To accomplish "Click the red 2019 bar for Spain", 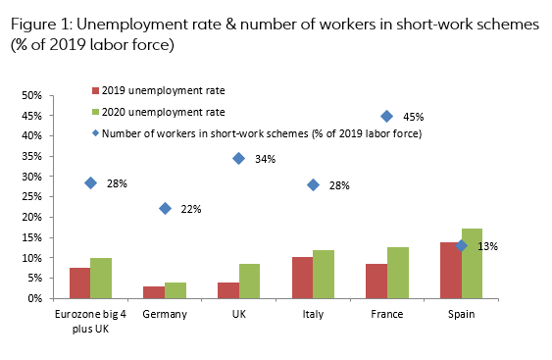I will point(450,270).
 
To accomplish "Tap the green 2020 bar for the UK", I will point(249,281).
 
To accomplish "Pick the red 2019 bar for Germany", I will point(154,292).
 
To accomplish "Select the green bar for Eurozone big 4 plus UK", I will point(101,278).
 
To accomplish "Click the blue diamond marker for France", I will point(387,116).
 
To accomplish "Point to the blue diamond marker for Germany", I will point(165,208).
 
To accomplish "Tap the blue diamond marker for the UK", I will point(238,158).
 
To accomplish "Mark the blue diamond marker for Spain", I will point(461,245).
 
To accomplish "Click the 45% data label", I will point(413,117).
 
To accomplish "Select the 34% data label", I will point(265,159).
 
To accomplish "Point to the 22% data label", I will point(190,209).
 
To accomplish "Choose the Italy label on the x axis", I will point(312,314).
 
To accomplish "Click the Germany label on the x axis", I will point(164,314).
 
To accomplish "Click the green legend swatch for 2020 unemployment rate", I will point(95,112).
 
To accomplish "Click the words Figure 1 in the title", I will point(43,25).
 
